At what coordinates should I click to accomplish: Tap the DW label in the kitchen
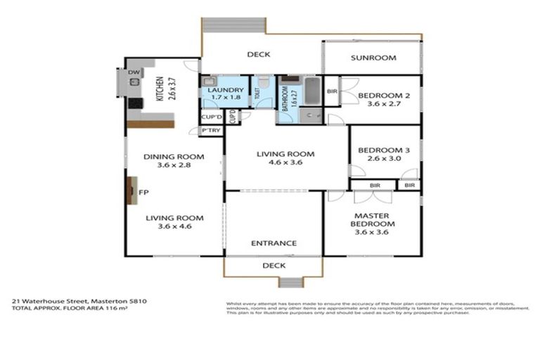[x=133, y=72]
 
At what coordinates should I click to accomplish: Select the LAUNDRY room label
[x=226, y=91]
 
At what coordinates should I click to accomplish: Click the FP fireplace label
[x=143, y=191]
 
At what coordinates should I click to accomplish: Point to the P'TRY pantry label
[x=210, y=131]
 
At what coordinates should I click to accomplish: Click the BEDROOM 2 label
[x=383, y=96]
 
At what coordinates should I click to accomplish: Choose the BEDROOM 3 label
[x=383, y=150]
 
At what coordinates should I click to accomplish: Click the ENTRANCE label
[x=274, y=244]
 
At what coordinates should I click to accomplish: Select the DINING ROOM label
[x=174, y=157]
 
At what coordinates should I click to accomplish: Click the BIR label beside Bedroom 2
[x=332, y=91]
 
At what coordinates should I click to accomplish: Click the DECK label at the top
[x=258, y=54]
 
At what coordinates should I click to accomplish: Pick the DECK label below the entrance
[x=274, y=266]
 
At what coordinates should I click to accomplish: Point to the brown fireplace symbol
[x=131, y=190]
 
